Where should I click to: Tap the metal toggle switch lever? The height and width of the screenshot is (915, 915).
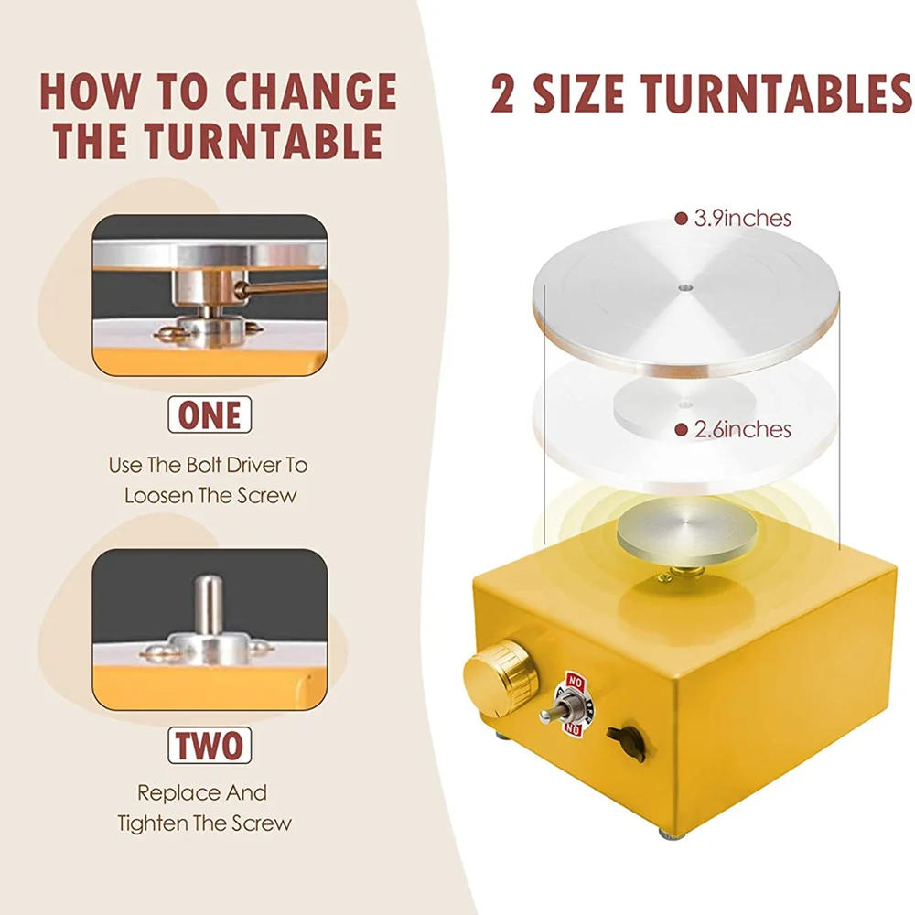point(554,713)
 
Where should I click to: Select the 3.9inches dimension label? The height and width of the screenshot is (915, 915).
point(742,219)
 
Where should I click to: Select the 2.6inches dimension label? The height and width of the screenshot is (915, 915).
point(742,429)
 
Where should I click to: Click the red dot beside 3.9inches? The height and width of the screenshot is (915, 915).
point(681,219)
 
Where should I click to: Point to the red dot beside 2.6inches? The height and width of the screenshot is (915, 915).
point(681,429)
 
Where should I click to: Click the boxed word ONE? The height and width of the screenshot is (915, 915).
point(210,414)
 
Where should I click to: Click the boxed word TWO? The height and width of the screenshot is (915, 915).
point(210,743)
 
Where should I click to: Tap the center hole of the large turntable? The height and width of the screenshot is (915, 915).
point(685,287)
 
